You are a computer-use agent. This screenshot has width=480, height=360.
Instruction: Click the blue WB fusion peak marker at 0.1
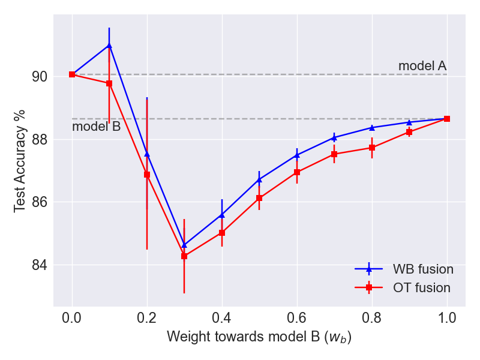click(x=109, y=45)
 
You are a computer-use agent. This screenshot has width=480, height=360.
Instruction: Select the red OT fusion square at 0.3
click(x=184, y=256)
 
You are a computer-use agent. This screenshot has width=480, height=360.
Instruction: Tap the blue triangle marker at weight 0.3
click(x=184, y=245)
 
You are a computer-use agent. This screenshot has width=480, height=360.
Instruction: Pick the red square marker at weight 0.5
click(x=259, y=198)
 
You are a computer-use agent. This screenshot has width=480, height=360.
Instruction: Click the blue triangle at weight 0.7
click(x=334, y=137)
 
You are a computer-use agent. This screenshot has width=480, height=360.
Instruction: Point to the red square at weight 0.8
click(x=372, y=148)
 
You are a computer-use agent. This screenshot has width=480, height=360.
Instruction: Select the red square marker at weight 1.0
click(x=447, y=119)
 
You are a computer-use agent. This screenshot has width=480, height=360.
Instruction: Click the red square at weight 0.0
click(x=72, y=74)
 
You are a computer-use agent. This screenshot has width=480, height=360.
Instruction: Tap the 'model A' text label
click(x=422, y=66)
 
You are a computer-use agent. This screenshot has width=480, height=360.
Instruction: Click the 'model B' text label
click(x=97, y=127)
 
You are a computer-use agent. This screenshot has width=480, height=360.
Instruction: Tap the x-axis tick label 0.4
click(x=222, y=317)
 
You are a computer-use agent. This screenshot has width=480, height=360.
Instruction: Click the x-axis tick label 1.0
click(x=447, y=317)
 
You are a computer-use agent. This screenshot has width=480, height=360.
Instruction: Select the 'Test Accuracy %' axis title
click(x=20, y=161)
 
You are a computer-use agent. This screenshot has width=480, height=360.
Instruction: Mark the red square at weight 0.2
click(x=147, y=175)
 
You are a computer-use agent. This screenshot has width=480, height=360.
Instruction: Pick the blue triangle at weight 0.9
click(x=409, y=122)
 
